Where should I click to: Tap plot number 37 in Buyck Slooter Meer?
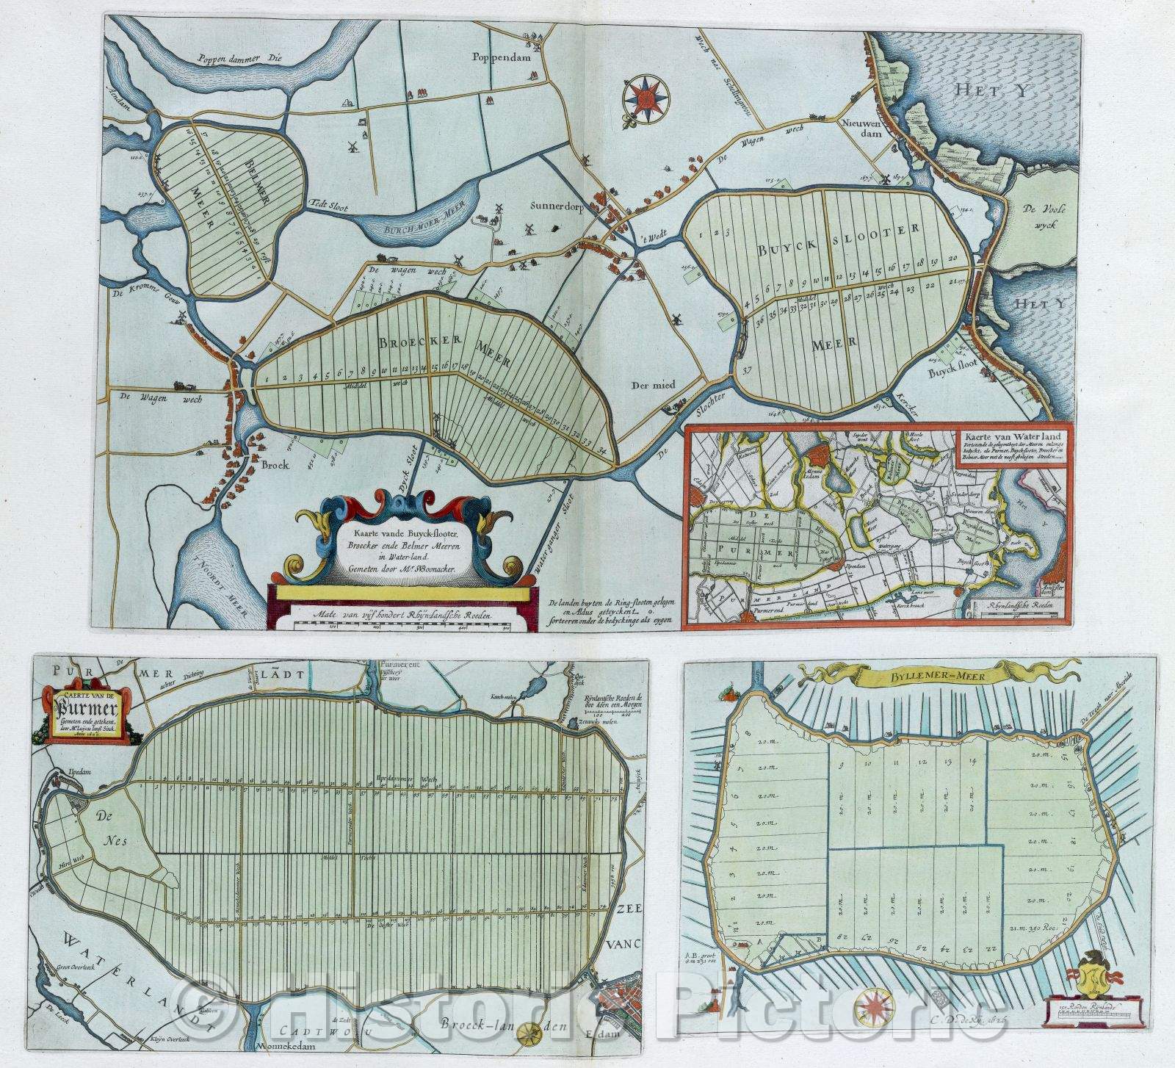point(748,369)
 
